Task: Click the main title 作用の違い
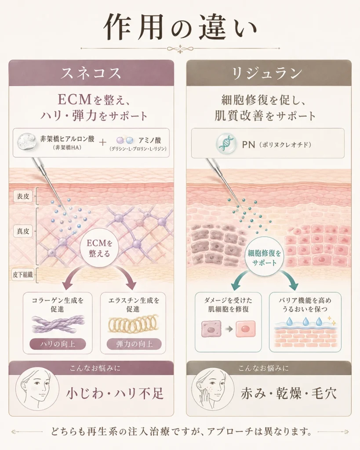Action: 180,28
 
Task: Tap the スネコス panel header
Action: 91,73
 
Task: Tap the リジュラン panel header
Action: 269,73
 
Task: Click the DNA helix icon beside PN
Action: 226,143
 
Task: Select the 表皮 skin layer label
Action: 23,196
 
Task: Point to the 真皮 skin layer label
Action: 23,231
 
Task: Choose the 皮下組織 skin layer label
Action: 23,275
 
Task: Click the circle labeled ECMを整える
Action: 99,248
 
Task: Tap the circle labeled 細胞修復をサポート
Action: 264,258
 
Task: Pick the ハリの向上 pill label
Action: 58,344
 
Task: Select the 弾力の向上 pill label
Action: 134,344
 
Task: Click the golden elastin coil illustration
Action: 133,324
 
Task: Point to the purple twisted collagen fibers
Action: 58,324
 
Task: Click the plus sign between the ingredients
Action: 102,142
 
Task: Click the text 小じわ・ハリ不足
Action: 115,393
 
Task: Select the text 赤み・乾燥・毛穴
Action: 288,393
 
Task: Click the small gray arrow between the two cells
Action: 229,329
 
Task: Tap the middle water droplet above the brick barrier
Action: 305,321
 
